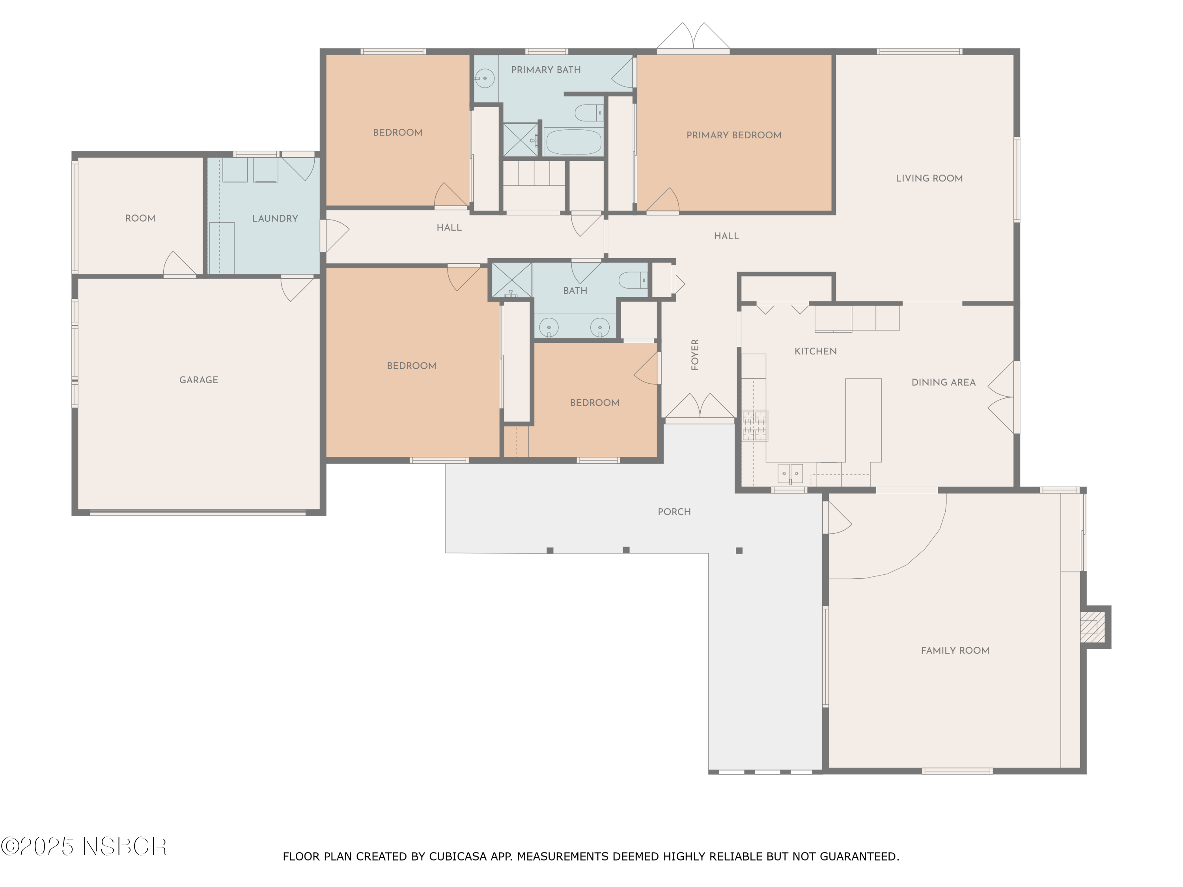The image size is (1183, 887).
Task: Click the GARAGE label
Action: click(198, 380)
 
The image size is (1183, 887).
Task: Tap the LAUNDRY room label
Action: click(275, 219)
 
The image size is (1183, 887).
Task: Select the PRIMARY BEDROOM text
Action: click(734, 135)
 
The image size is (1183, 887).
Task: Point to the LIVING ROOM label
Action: click(929, 179)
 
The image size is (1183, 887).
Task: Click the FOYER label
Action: click(695, 354)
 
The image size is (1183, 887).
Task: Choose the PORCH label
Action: click(674, 512)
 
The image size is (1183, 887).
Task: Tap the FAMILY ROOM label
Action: click(955, 651)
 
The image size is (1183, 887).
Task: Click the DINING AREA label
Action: click(943, 382)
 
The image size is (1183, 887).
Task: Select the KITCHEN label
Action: click(815, 351)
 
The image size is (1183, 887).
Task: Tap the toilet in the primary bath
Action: click(589, 113)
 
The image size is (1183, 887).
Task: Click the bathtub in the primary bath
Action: click(573, 142)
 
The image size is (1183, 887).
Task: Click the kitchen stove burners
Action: click(755, 426)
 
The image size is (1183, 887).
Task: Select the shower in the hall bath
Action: click(512, 280)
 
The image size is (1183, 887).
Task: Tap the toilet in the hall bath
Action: click(633, 280)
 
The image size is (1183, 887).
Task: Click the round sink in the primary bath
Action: click(485, 78)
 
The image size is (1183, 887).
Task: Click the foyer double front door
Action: click(700, 408)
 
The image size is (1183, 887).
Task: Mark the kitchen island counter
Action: click(863, 420)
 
